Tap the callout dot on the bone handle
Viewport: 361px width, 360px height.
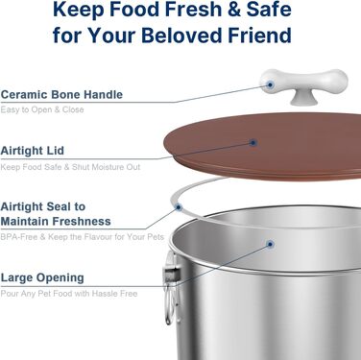[x=270, y=84]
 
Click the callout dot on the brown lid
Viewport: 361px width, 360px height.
[x=253, y=143]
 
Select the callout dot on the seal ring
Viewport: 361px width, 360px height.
[x=179, y=207]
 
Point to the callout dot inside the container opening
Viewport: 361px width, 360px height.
[x=270, y=245]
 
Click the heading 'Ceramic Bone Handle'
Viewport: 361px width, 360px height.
[x=61, y=95]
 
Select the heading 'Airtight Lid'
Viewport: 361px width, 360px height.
[x=33, y=151]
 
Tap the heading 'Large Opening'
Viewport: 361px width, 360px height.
[x=42, y=277]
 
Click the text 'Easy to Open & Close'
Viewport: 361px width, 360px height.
[x=42, y=109]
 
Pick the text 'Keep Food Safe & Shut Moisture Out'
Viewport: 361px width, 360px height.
[x=70, y=167]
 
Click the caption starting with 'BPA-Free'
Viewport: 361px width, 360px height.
[x=83, y=237]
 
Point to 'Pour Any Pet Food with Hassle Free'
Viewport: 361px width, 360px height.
[x=69, y=294]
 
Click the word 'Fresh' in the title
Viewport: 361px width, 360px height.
[x=195, y=9]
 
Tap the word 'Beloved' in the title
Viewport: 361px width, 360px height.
[x=181, y=35]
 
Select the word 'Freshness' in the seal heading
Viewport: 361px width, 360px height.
[x=82, y=221]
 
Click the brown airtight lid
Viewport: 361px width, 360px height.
[x=262, y=147]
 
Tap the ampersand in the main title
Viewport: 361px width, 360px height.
[x=234, y=10]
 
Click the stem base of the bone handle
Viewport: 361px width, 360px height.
[x=304, y=98]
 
